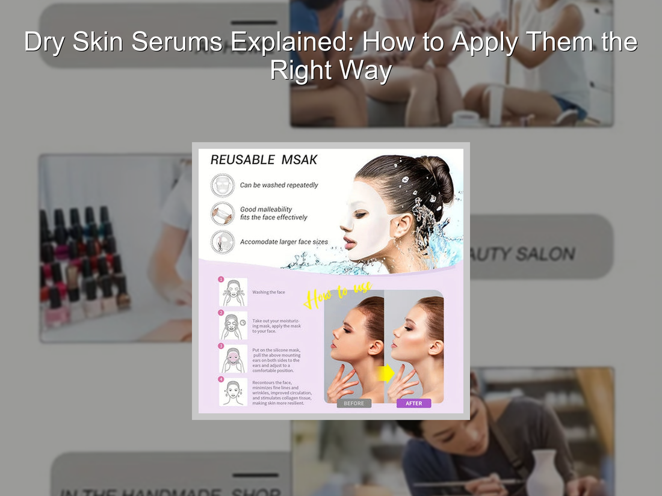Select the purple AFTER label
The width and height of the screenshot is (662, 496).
pyautogui.click(x=413, y=403)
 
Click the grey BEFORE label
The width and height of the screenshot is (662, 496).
pyautogui.click(x=354, y=403)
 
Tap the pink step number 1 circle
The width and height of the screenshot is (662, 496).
pyautogui.click(x=221, y=280)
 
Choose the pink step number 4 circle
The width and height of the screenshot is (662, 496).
pyautogui.click(x=221, y=379)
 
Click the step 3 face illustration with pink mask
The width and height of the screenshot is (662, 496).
pyautogui.click(x=233, y=360)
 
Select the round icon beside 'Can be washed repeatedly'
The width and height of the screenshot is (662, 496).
pyautogui.click(x=223, y=185)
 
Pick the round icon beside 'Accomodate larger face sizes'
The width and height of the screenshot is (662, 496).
pyautogui.click(x=223, y=242)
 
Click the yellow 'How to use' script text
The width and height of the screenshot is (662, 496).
pyautogui.click(x=338, y=294)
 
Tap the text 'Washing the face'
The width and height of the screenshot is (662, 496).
pyautogui.click(x=268, y=292)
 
